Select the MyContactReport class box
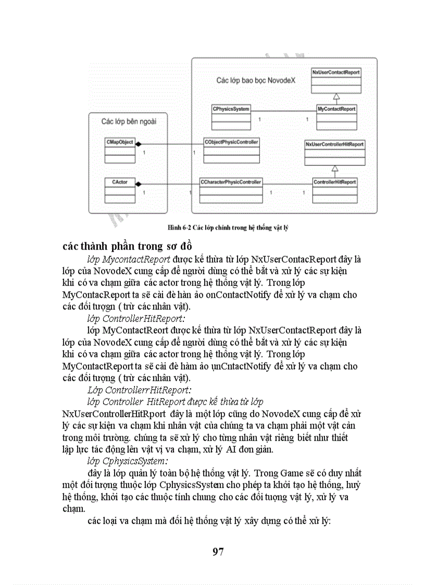point(337,117)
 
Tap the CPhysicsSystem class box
point(231,117)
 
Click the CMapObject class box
point(120,150)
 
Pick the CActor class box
point(120,191)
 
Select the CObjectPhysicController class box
point(231,150)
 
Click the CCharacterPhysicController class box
point(231,190)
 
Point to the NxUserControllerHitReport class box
point(335,152)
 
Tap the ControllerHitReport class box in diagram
point(335,190)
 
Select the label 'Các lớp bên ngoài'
point(129,121)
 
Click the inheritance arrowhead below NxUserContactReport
point(336,96)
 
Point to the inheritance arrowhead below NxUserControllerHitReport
point(335,169)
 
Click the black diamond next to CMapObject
point(139,144)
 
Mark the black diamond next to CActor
point(139,183)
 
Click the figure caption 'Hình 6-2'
point(228,228)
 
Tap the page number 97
point(218,552)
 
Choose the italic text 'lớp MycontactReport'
point(129,259)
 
